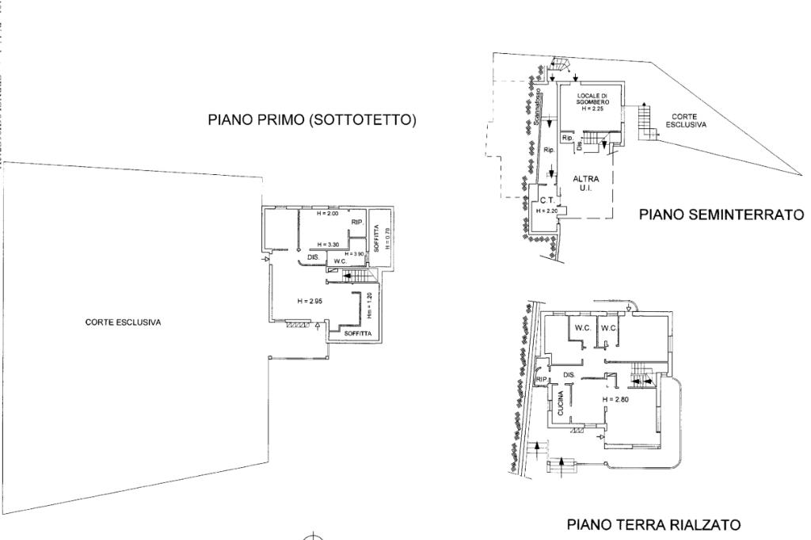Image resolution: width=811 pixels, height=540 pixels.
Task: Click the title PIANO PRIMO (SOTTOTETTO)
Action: (x=312, y=120)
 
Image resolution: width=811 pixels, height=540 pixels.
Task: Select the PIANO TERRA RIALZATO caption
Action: (x=655, y=524)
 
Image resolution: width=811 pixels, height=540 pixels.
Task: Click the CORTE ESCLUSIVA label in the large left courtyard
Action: (x=124, y=322)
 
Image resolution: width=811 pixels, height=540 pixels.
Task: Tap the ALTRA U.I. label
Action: (x=586, y=184)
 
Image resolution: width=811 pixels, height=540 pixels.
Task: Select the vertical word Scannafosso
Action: (x=537, y=112)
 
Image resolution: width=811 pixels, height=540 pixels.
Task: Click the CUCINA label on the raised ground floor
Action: (x=560, y=404)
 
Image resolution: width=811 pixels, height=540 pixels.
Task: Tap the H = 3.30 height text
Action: (x=327, y=245)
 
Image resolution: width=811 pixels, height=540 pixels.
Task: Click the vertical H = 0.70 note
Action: (x=387, y=239)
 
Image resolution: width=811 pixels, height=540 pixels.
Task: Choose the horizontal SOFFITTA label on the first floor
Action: (x=358, y=334)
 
